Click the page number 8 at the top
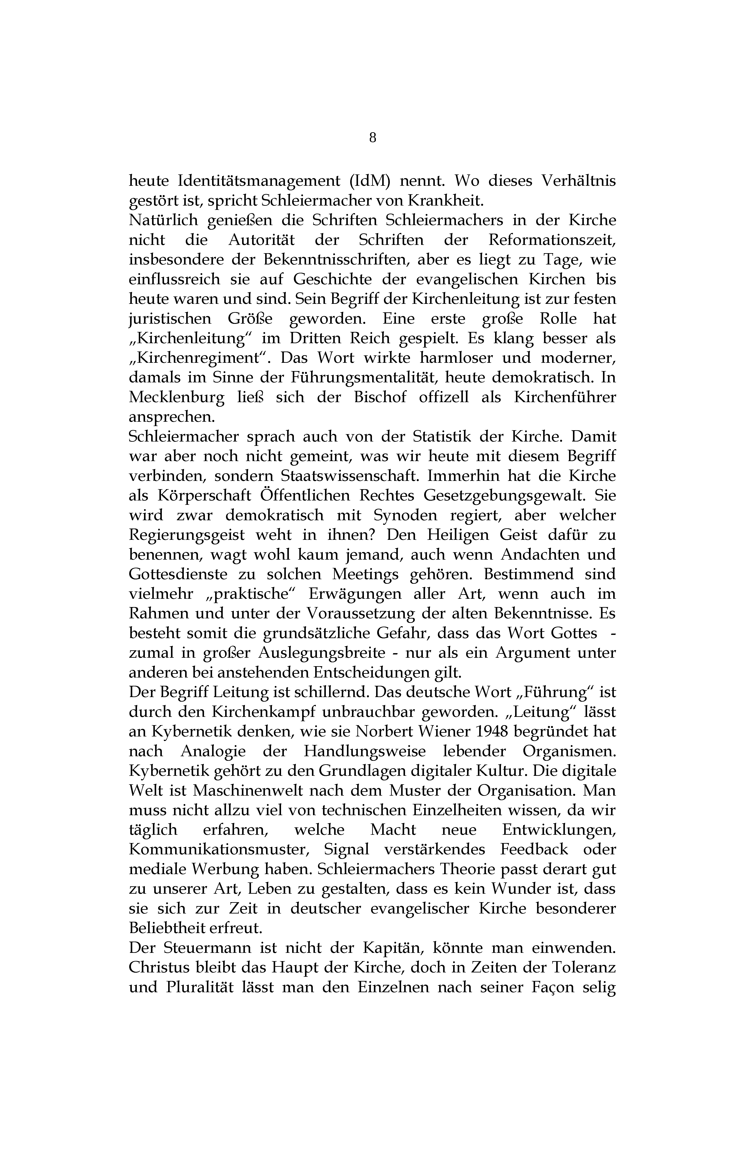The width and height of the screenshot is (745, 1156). tap(372, 138)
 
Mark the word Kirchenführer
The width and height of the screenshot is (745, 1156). tap(564, 398)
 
